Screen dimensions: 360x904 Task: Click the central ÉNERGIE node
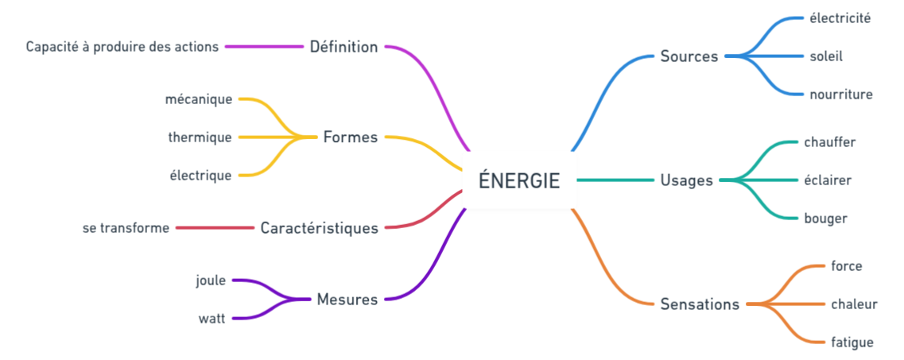[x=519, y=180]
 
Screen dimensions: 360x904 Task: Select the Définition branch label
[x=343, y=47]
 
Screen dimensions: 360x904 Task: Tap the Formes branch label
[x=350, y=137]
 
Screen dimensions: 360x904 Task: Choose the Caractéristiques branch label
[x=319, y=228]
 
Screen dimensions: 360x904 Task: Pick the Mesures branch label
[x=347, y=300]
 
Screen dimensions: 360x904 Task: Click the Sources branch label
[x=689, y=56]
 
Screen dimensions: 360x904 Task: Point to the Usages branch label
[x=686, y=180]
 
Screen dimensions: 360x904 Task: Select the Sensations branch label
[x=700, y=304]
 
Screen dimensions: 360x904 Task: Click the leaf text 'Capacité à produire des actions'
[x=122, y=47]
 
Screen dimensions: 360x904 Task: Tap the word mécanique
[x=199, y=99]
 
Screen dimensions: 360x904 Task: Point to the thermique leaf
[x=200, y=137]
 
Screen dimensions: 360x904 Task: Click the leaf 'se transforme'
[x=126, y=228]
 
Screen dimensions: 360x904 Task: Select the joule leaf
[x=211, y=281]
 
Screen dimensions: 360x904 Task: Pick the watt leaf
[x=212, y=319]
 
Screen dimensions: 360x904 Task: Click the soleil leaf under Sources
[x=826, y=56]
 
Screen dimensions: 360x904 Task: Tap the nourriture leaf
[x=841, y=95]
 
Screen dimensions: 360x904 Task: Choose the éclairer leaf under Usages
[x=828, y=180]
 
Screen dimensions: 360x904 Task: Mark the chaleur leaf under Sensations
[x=854, y=304]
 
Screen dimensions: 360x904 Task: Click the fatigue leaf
[x=852, y=343]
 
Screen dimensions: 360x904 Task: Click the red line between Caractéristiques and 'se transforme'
[x=214, y=228]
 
